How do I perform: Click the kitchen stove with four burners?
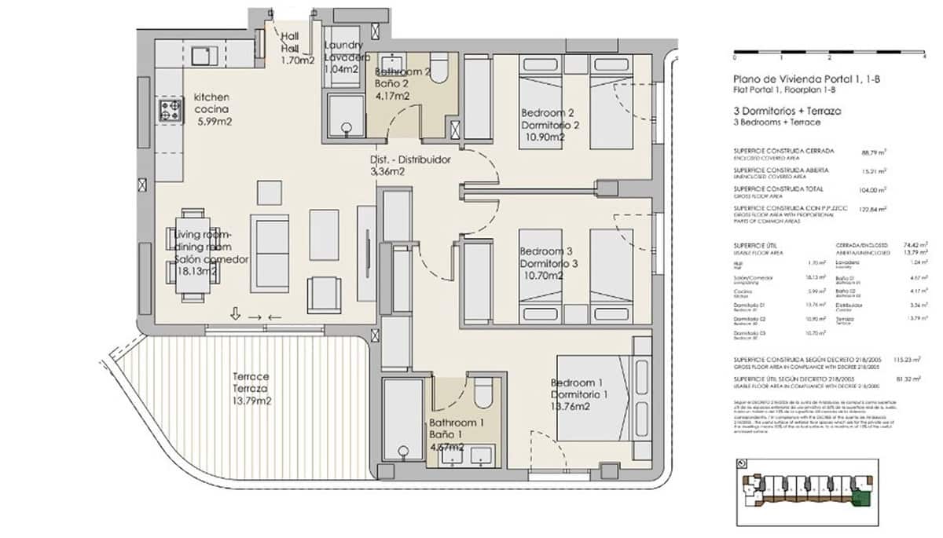click(x=171, y=111)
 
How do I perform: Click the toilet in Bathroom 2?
click(x=439, y=69)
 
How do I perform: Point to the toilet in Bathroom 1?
click(x=483, y=390)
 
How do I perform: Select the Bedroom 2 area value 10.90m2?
click(x=543, y=137)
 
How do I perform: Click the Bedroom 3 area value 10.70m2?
click(x=541, y=276)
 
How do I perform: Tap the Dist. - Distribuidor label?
click(x=409, y=159)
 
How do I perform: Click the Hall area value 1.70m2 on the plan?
click(x=298, y=60)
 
